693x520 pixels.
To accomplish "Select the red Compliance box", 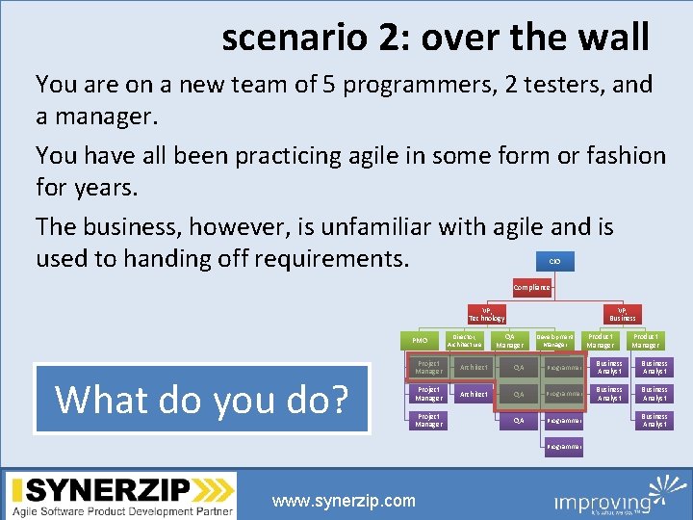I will [532, 287].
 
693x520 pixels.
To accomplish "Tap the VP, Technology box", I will [486, 314].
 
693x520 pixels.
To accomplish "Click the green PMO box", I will [420, 341].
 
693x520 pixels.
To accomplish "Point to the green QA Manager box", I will [509, 341].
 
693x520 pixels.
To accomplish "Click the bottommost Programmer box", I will [563, 447].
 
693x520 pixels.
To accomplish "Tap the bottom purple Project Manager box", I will [427, 420].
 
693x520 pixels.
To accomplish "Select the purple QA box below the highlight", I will [519, 420].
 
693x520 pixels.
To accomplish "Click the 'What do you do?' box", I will [202, 399].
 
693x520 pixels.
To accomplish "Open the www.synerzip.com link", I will [344, 501].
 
